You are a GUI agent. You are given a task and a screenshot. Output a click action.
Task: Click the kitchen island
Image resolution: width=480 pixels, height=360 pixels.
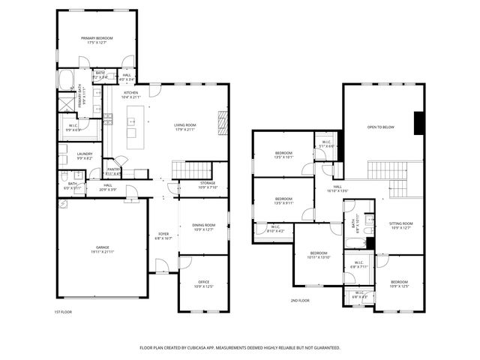pos(135,124)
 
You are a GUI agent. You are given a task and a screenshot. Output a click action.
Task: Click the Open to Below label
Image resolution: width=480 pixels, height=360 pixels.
pos(381,127)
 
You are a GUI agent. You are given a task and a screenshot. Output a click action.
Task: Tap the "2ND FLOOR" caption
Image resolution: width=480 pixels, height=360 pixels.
pos(300,300)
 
